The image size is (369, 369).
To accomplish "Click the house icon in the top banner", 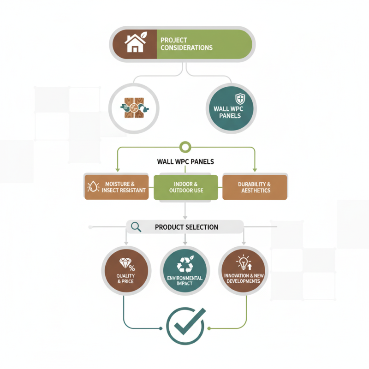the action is [135, 42].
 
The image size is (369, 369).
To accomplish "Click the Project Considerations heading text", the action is [186, 44].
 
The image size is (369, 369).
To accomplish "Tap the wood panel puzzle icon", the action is [134, 108].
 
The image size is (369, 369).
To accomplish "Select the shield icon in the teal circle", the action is [240, 99].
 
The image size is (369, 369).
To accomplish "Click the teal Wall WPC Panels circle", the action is [232, 108].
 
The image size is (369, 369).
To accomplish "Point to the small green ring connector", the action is [185, 147].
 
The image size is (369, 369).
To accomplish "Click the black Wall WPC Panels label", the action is [185, 162].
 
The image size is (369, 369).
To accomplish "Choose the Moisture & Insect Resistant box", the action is [117, 187].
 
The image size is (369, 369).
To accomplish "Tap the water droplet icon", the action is [93, 187].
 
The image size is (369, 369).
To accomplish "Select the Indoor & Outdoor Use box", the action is [186, 187].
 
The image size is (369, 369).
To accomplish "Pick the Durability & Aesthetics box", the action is [255, 187].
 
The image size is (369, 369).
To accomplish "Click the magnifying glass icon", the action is [136, 227].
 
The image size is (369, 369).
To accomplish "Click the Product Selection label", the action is [186, 227].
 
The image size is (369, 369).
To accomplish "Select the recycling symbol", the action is [185, 264].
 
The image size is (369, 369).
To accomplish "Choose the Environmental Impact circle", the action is [185, 271].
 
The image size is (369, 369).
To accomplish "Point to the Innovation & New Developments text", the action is [244, 279].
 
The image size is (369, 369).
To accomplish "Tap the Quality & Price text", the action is [125, 279].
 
